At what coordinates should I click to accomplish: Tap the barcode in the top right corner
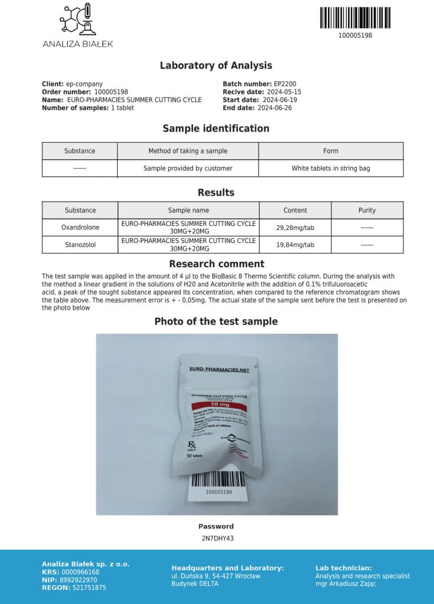click(x=355, y=18)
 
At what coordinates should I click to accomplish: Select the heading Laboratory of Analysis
click(x=216, y=65)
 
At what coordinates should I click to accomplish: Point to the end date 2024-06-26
click(x=274, y=108)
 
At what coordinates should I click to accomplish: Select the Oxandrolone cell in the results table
click(x=80, y=227)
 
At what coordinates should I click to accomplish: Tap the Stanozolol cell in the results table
click(x=80, y=245)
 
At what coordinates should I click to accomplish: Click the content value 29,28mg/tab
click(x=295, y=227)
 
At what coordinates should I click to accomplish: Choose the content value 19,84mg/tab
click(x=295, y=245)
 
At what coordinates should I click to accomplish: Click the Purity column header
click(x=367, y=210)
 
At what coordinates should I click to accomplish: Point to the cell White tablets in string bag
click(x=331, y=168)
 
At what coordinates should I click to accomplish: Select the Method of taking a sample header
click(x=188, y=151)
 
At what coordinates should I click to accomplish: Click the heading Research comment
click(x=216, y=264)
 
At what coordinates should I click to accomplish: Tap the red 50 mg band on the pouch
click(x=217, y=405)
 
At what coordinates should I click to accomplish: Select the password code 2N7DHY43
click(x=217, y=538)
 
